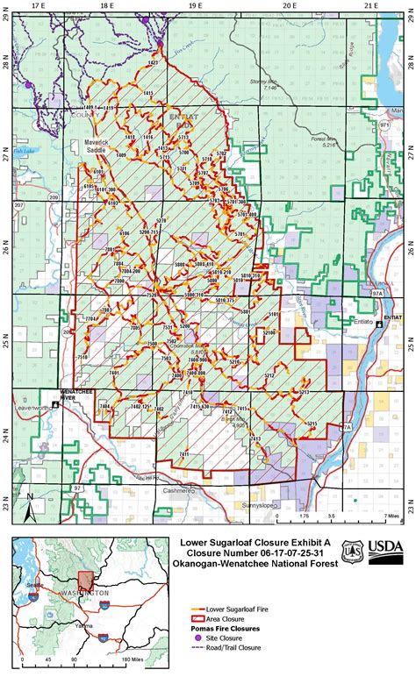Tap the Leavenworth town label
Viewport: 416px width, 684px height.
pos(30,409)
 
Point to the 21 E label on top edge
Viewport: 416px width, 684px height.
pos(370,5)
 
